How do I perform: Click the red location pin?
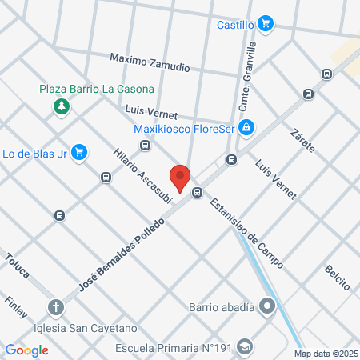(180, 177)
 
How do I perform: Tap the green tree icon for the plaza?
(60, 106)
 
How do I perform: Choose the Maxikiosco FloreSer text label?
(187, 126)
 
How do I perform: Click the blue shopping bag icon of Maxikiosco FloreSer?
(247, 126)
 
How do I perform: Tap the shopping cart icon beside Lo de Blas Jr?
(78, 152)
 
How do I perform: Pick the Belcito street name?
(337, 277)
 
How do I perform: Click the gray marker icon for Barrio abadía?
(267, 306)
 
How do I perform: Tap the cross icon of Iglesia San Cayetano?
(56, 307)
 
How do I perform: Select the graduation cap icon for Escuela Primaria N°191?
(245, 347)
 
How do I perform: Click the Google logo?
(27, 350)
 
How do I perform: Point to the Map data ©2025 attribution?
(326, 354)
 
